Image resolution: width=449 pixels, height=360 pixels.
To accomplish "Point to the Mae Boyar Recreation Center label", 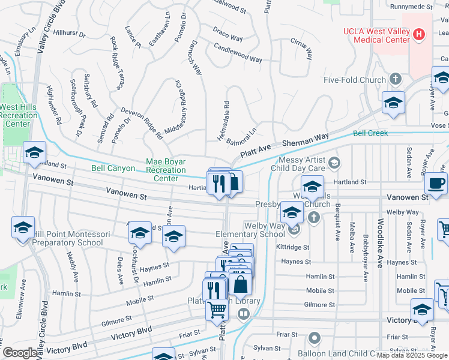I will coord(166,170).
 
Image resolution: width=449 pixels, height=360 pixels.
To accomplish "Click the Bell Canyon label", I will coord(113,169).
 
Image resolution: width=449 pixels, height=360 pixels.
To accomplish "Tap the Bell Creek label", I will coord(370,133).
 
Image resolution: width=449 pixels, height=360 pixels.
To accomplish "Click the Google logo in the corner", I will coord(20,353).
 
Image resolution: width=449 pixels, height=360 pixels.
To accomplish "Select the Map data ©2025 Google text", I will coord(411,355).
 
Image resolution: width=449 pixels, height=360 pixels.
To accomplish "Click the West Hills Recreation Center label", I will coord(16,115).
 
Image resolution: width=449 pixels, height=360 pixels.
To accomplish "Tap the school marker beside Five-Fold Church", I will coord(394,104).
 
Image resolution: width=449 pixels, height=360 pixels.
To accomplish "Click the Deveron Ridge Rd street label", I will coord(142,124).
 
